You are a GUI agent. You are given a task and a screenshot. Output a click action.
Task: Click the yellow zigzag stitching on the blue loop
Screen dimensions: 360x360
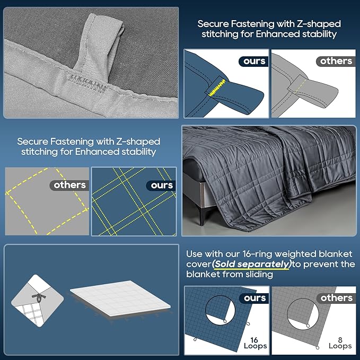[216, 87]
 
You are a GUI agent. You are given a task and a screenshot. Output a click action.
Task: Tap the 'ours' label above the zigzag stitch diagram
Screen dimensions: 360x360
[254, 61]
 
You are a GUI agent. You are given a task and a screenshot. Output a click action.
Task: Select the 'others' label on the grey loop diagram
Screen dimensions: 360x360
[336, 61]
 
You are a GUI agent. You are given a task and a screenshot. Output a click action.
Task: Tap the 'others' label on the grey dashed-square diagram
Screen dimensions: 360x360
[69, 185]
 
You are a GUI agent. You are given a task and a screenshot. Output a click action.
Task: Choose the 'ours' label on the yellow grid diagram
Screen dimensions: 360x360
[162, 185]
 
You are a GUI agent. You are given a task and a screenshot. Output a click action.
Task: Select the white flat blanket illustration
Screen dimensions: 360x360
[120, 298]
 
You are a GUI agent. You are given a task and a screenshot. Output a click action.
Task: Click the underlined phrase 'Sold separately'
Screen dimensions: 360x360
[252, 264]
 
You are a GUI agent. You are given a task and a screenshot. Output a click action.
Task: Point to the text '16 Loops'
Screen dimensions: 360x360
[255, 343]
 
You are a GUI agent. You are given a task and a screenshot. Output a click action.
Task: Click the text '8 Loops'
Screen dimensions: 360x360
[340, 343]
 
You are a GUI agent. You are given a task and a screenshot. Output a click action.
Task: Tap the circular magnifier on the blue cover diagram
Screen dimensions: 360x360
[219, 310]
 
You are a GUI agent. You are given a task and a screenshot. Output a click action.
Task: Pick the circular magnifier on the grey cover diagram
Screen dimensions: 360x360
[303, 313]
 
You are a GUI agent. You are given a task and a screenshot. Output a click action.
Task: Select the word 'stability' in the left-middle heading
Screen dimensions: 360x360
[139, 152]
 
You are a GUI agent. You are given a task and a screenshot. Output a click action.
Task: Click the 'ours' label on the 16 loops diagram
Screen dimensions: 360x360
[254, 298]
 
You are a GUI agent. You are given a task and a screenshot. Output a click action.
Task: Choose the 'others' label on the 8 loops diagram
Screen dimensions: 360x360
[336, 298]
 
